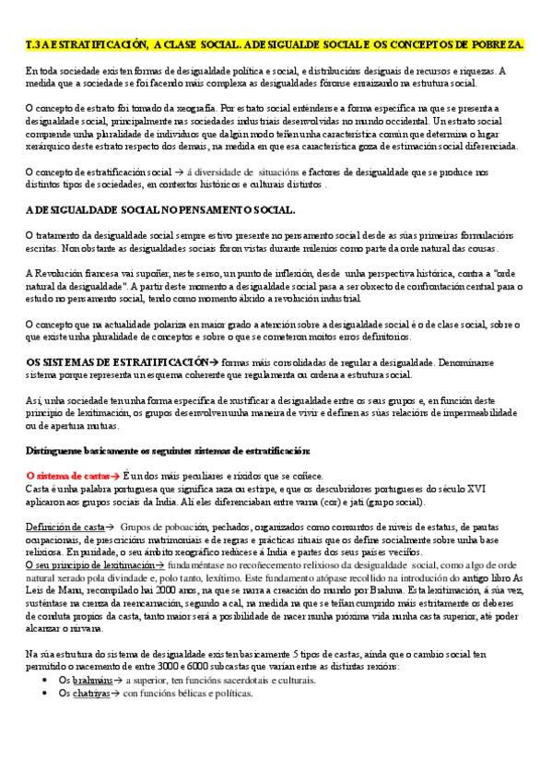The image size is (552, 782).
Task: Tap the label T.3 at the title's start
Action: [34, 44]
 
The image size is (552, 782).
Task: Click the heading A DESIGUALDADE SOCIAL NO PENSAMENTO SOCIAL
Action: [159, 211]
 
